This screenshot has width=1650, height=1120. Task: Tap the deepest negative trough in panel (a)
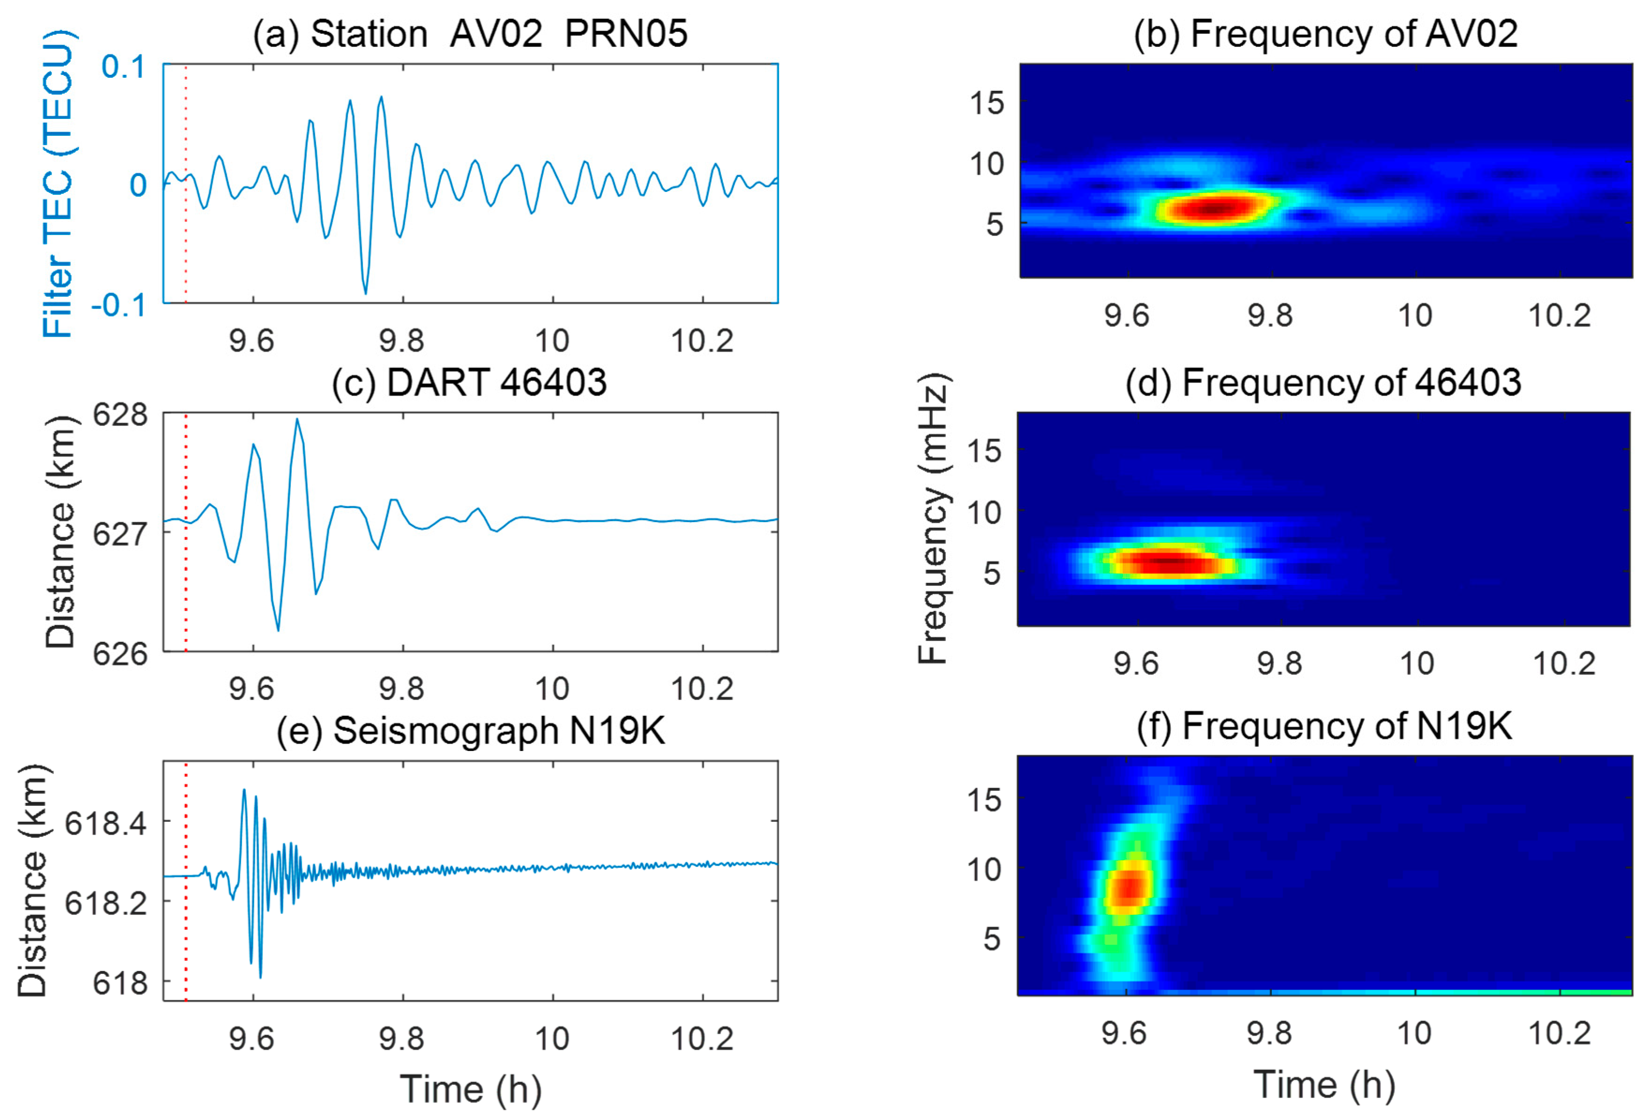pyautogui.click(x=365, y=293)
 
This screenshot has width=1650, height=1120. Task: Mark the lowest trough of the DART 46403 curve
pyautogui.click(x=278, y=630)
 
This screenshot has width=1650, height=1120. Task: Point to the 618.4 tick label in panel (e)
pyautogui.click(x=106, y=823)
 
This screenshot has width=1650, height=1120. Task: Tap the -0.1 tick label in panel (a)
pyautogui.click(x=119, y=305)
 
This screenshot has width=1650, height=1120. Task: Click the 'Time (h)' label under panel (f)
pyautogui.click(x=1324, y=1084)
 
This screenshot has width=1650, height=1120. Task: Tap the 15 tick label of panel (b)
pyautogui.click(x=987, y=103)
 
